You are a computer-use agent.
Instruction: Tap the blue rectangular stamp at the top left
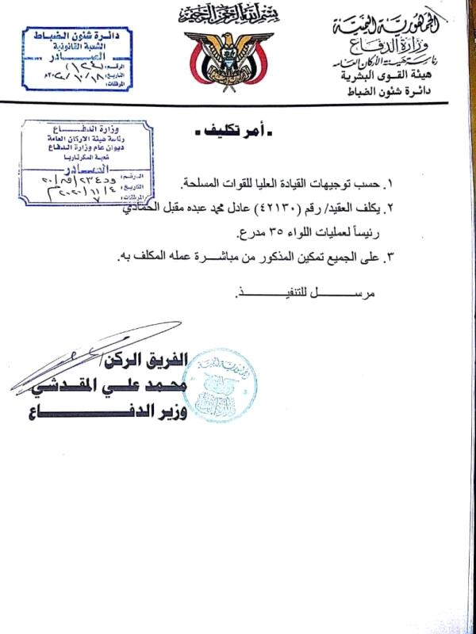75,58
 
